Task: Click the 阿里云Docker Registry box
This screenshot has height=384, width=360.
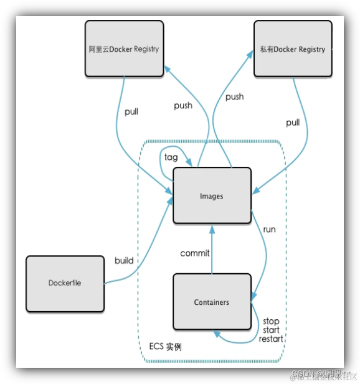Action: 123,49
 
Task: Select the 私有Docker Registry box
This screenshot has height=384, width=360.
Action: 292,49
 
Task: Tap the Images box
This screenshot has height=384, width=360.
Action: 211,196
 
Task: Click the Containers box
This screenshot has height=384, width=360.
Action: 211,302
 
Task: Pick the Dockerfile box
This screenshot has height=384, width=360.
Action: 65,283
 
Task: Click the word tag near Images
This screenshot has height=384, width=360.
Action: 171,157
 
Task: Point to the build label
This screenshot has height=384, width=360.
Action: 124,260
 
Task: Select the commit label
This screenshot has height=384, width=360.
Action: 195,253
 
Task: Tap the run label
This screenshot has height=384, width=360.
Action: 269,230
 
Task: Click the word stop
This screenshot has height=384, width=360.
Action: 271,321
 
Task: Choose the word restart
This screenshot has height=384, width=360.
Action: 271,339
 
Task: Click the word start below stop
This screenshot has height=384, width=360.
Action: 271,330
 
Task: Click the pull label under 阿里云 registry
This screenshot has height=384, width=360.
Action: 131,112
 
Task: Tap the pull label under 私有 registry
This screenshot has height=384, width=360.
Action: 293,123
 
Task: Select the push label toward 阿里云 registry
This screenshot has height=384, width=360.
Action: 183,106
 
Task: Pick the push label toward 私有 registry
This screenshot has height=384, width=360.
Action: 234,97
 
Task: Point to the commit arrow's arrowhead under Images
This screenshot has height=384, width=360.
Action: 212,228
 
